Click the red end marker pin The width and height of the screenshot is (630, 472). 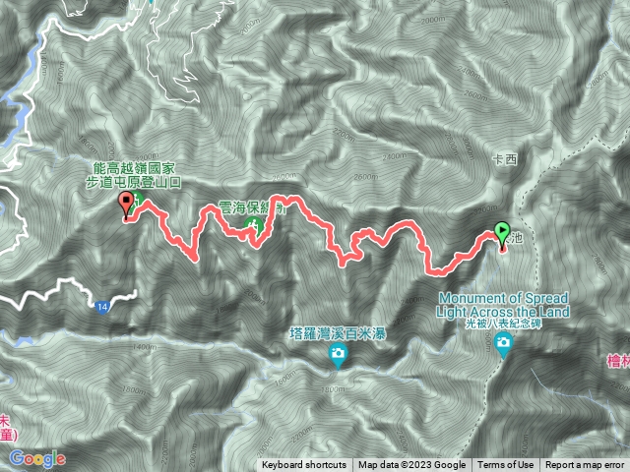point(126,205)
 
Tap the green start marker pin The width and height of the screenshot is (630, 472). point(503,234)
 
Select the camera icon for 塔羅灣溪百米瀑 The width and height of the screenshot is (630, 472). point(338,355)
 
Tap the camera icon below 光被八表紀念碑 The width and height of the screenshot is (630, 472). point(505,343)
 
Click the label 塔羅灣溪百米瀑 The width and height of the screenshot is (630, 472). point(338,332)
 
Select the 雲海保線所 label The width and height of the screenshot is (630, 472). point(253,209)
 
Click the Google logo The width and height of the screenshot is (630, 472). point(37,458)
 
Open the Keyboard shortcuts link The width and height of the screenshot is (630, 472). point(303,465)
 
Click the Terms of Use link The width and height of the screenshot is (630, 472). point(506,465)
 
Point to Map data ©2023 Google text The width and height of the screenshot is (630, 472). point(412,465)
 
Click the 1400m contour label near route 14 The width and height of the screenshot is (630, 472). point(145,347)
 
